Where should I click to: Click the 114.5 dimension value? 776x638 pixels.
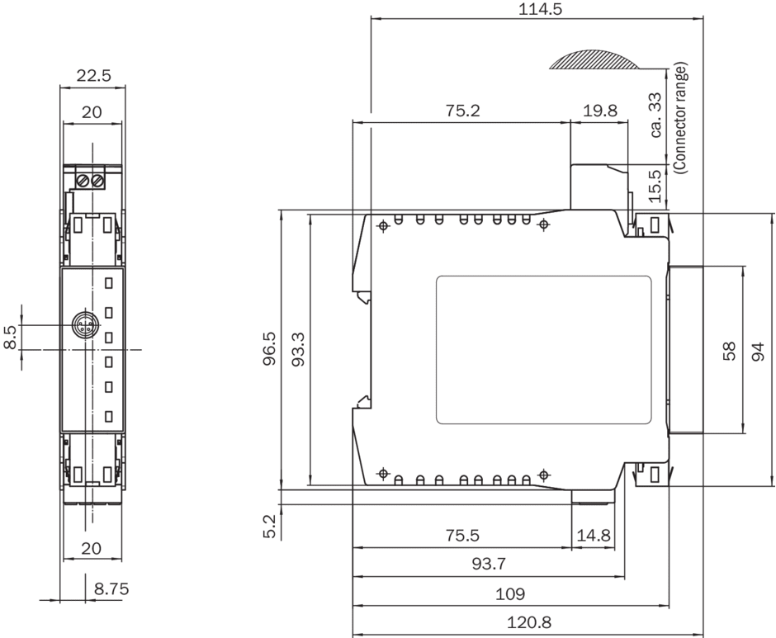tap(540, 9)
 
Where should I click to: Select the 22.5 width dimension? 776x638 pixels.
tap(93, 75)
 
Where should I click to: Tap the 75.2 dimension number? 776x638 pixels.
tap(462, 110)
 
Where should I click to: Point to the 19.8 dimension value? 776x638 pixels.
tap(600, 110)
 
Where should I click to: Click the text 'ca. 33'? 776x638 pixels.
tap(655, 115)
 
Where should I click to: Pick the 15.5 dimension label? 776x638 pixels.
tap(655, 186)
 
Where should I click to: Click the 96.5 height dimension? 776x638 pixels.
tap(269, 348)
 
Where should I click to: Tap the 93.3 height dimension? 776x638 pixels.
tap(298, 348)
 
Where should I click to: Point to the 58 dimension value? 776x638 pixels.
tap(730, 351)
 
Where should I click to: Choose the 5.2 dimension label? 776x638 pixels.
tap(269, 526)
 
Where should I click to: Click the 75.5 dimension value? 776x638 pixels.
tap(462, 535)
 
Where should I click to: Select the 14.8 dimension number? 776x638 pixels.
tap(594, 535)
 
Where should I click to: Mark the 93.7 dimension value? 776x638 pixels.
tap(489, 564)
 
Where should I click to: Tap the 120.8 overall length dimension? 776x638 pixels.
tap(528, 621)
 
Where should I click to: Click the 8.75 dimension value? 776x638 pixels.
tap(111, 588)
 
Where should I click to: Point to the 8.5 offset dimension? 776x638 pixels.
tap(12, 337)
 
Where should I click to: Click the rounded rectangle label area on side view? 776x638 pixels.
tap(543, 351)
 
